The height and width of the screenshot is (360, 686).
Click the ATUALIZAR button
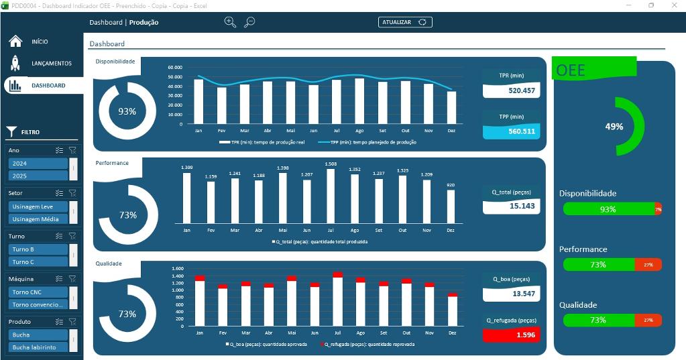click(x=405, y=22)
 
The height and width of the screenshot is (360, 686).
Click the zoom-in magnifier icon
click(x=230, y=22)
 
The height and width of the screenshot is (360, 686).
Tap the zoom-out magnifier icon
click(x=249, y=22)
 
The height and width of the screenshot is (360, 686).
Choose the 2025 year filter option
click(x=38, y=176)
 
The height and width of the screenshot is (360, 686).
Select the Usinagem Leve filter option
click(x=38, y=206)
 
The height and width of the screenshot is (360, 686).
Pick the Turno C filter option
click(x=38, y=262)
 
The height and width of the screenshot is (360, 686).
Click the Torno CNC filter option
click(x=38, y=292)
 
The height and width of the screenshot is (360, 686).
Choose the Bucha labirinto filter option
click(x=38, y=347)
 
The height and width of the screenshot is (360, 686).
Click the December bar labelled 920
click(x=451, y=206)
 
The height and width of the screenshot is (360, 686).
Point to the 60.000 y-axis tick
click(x=174, y=68)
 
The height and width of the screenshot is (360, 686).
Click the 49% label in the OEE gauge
click(x=614, y=127)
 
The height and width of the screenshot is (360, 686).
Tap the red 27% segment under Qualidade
click(x=648, y=320)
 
